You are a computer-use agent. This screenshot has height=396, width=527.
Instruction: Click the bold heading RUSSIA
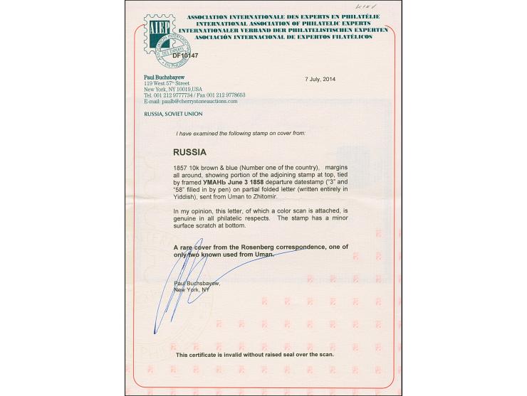coord(190,151)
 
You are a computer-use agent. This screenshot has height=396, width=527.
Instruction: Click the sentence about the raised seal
coord(254,353)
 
